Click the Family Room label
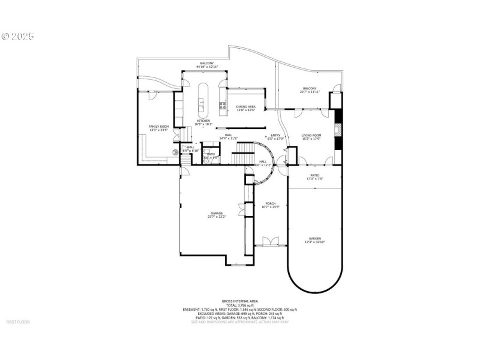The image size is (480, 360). coord(159,127)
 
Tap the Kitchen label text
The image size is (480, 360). coord(204,121)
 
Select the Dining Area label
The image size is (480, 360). coord(245,107)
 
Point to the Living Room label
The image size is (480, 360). coord(311,135)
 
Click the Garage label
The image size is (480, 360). coord(217,213)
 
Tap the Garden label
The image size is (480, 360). coord(315,238)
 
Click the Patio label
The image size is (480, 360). coord(315,175)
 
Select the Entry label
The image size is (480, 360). coord(275,135)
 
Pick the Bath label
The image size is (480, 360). coord(211,154)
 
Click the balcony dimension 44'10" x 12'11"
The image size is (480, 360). coord(206,67)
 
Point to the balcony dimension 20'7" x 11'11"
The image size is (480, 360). coord(310,92)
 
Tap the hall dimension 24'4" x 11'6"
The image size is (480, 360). coord(229,139)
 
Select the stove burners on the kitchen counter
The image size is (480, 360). coord(223,109)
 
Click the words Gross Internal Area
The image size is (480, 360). coord(239,301)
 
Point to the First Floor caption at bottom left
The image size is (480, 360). coord(17,322)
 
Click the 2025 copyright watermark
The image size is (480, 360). coord(17,37)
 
